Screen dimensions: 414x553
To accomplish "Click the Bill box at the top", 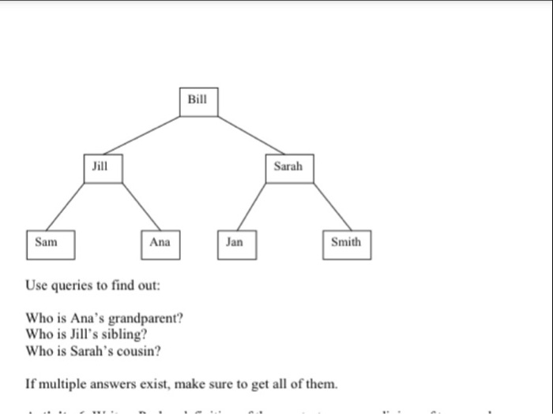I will pyautogui.click(x=197, y=102).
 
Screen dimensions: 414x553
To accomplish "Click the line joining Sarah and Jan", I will pyautogui.click(x=252, y=207).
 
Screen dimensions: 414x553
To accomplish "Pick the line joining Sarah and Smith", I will pyautogui.click(x=328, y=207).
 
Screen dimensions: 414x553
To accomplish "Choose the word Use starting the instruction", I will pyautogui.click(x=36, y=284).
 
